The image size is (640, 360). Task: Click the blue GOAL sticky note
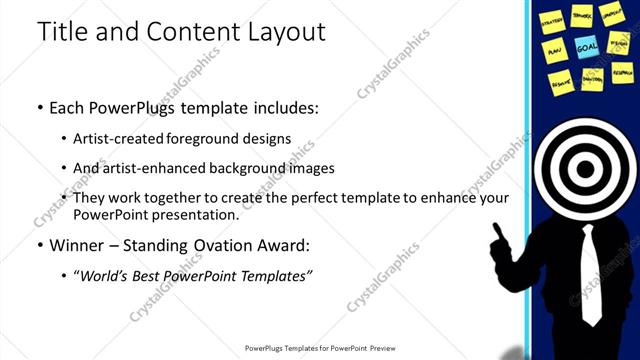[586, 46]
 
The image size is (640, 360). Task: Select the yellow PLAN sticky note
[554, 48]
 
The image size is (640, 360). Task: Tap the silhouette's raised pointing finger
[496, 229]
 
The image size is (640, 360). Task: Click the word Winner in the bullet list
[79, 244]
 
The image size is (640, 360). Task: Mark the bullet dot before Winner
[39, 244]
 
